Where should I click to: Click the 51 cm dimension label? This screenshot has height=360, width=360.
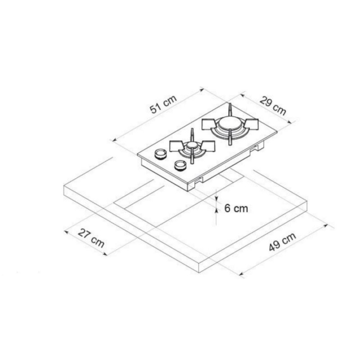pos(163,104)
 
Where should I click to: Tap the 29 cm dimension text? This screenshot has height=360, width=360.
pos(273,106)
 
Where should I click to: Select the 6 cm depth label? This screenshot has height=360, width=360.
pos(236,208)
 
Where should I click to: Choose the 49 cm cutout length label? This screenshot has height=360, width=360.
pos(282,242)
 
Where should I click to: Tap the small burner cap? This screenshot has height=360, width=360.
pos(192,145)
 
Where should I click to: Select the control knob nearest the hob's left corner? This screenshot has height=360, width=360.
pos(160,153)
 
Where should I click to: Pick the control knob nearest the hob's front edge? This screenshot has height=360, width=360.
pos(180,165)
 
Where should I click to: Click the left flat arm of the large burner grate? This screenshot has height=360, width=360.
pos(209,125)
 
